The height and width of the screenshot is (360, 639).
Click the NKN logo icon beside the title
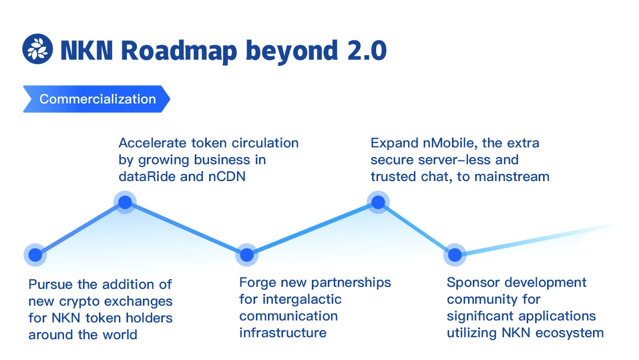pos(38,49)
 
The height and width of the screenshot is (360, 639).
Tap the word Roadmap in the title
pos(179,51)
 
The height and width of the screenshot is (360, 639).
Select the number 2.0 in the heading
pos(367,51)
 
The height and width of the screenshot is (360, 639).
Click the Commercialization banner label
pos(97,99)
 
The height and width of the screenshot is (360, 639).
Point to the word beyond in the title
pos(292,51)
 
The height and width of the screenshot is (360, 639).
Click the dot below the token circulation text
pos(125,202)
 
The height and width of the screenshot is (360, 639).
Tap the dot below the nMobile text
pos(378,202)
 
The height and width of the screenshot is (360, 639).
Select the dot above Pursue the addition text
pos(35,255)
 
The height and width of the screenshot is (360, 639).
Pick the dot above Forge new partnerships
pos(247,255)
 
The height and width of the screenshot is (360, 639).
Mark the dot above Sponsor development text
pos(455,255)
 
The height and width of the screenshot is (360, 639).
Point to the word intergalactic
pos(302,299)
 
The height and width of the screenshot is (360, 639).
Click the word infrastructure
pos(283,333)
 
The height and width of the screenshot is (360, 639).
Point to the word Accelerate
pos(153,143)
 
